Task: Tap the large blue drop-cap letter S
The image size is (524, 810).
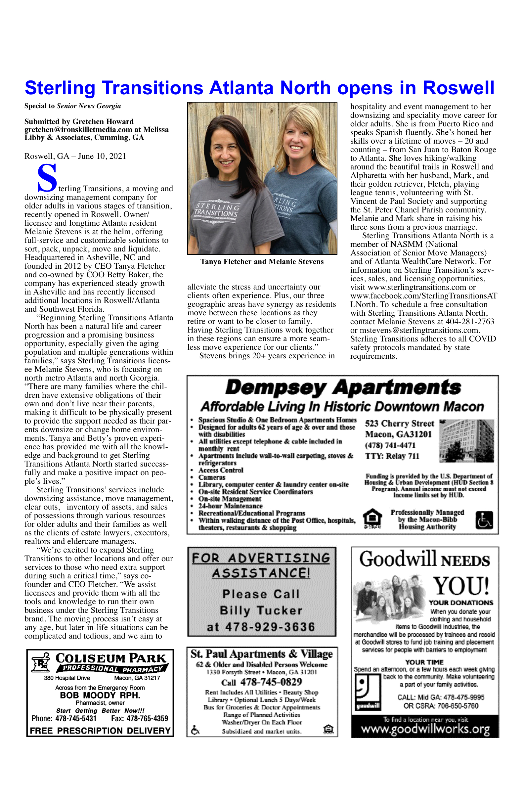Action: [x=47, y=178]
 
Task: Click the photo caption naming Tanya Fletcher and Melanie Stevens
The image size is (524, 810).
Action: [x=262, y=262]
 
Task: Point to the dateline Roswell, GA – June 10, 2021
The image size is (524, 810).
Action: [x=75, y=156]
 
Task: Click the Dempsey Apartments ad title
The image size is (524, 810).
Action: [x=343, y=388]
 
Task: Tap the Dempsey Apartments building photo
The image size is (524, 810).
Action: [x=466, y=441]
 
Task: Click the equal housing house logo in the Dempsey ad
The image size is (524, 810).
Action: [x=372, y=519]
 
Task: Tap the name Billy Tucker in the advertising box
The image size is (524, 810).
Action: [x=261, y=610]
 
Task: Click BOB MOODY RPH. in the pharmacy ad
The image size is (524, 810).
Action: [x=100, y=695]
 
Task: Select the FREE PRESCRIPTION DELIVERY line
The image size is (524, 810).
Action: [x=100, y=731]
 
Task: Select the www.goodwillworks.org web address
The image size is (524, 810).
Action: [x=425, y=729]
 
